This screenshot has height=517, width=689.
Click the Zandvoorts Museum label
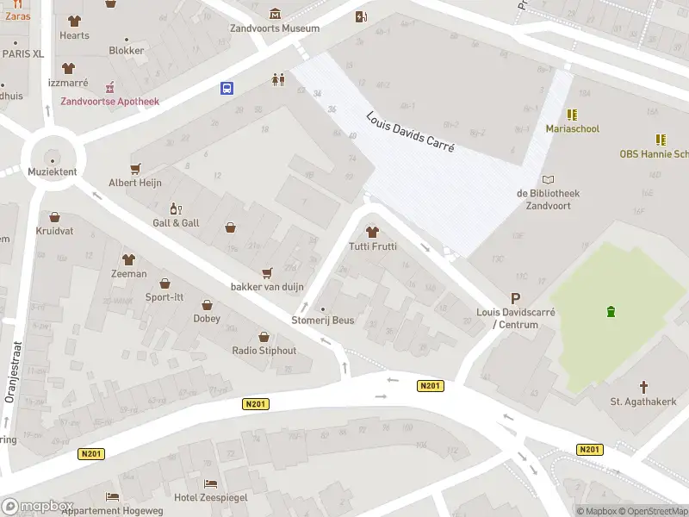275,28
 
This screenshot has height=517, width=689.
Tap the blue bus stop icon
227,88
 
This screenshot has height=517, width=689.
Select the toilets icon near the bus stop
277,79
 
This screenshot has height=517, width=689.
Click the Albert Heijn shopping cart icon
134,169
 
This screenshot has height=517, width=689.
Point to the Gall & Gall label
176,222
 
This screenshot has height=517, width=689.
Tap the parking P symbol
516,298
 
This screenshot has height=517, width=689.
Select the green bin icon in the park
611,311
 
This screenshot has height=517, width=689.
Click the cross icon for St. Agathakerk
643,387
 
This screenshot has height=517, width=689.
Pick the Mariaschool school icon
572,115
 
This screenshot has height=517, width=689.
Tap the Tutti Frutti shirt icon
372,232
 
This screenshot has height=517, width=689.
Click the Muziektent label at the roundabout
53,171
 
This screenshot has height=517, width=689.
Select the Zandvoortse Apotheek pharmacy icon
109,88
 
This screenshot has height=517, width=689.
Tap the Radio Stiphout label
264,351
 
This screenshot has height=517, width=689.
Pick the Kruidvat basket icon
54,218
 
